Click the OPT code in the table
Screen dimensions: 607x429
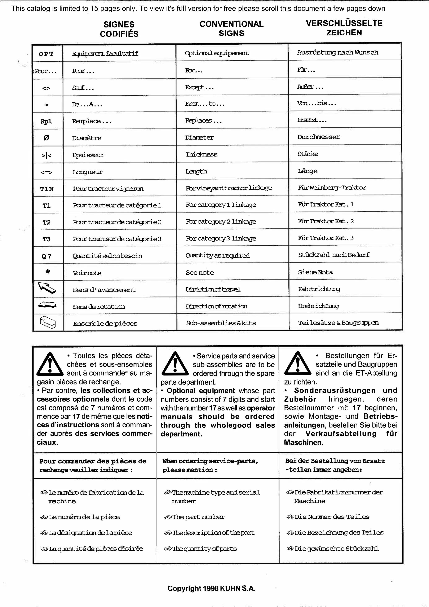click(x=46, y=54)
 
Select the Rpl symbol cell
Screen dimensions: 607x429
click(x=46, y=121)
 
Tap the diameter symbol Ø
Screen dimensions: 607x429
click(x=46, y=138)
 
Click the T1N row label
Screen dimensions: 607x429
click(x=47, y=189)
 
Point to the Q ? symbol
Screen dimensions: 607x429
click(x=47, y=256)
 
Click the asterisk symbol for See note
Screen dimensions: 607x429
click(x=48, y=272)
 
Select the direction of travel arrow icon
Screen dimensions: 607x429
click(x=47, y=288)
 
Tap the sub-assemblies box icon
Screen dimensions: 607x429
click(x=48, y=322)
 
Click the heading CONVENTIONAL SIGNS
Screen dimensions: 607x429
click(x=231, y=28)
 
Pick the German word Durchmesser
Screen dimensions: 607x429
click(x=319, y=137)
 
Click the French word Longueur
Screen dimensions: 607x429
click(x=88, y=172)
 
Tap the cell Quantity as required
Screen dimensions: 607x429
click(x=218, y=255)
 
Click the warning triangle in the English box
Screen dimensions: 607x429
click(x=175, y=364)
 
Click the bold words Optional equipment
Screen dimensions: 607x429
click(x=201, y=391)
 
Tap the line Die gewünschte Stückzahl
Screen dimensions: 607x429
click(x=336, y=549)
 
